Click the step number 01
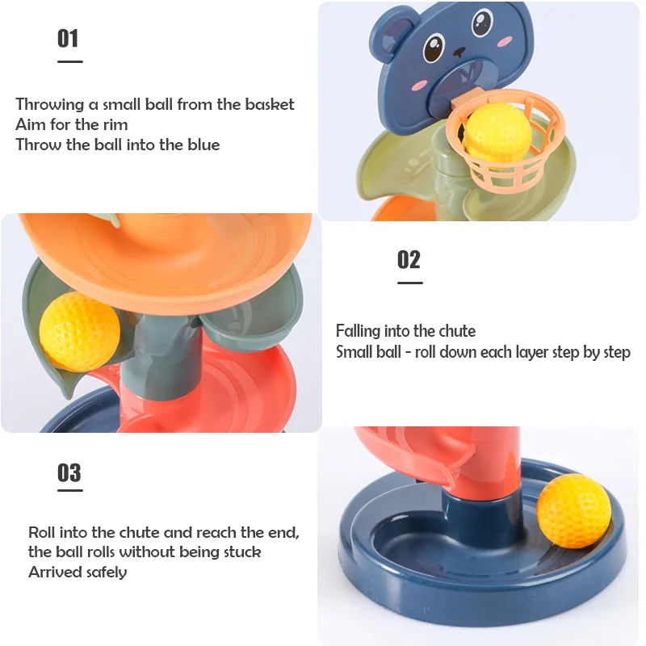(x=68, y=39)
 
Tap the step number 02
(x=409, y=259)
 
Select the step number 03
(x=69, y=472)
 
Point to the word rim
(x=114, y=124)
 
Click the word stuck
(x=240, y=552)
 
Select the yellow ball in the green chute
(x=79, y=331)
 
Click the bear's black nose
(x=460, y=52)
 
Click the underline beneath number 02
(x=409, y=283)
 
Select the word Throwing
(x=49, y=105)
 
